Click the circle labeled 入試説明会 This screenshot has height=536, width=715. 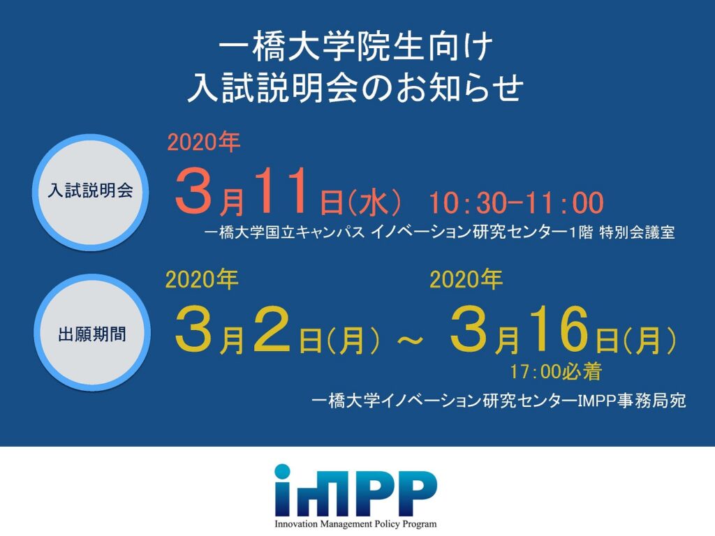coord(91,192)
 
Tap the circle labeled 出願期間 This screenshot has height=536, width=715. coord(92,332)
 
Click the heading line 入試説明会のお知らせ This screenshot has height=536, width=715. coord(355,87)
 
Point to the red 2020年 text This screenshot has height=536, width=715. coord(204,142)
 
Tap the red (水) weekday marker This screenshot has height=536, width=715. coord(374,202)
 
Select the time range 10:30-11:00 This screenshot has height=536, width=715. coord(516,203)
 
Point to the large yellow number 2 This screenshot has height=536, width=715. coord(272,329)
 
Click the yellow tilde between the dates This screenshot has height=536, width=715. coord(411,340)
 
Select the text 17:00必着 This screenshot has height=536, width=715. coord(556,372)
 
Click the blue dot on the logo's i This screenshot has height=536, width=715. coord(282,471)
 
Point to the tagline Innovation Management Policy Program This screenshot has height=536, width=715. coord(355,524)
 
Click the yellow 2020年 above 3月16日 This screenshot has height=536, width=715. coord(466,279)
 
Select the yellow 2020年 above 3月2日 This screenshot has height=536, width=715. coord(202,279)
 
